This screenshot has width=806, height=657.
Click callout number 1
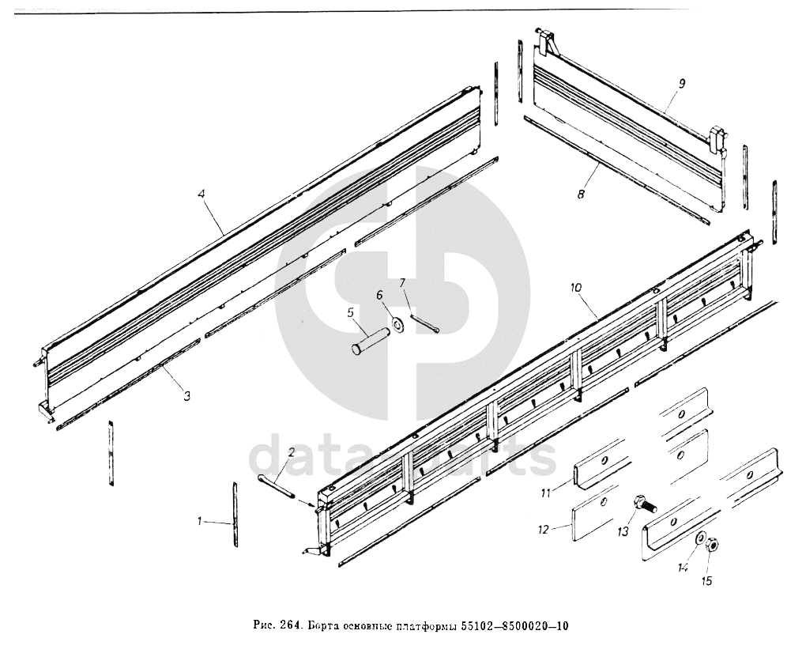pyautogui.click(x=201, y=521)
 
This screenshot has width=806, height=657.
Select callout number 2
pyautogui.click(x=291, y=452)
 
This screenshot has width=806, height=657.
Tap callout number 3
pyautogui.click(x=186, y=396)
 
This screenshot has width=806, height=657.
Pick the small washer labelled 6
pyautogui.click(x=396, y=323)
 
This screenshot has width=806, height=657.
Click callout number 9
pyautogui.click(x=681, y=83)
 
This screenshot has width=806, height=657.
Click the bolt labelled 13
pyautogui.click(x=643, y=504)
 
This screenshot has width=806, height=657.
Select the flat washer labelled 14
pyautogui.click(x=700, y=539)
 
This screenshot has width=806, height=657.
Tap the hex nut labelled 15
pyautogui.click(x=711, y=545)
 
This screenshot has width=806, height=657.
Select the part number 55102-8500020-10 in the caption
pyautogui.click(x=514, y=627)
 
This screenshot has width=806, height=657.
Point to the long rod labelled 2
pyautogui.click(x=277, y=485)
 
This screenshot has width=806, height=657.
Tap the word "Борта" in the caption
pyautogui.click(x=323, y=627)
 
